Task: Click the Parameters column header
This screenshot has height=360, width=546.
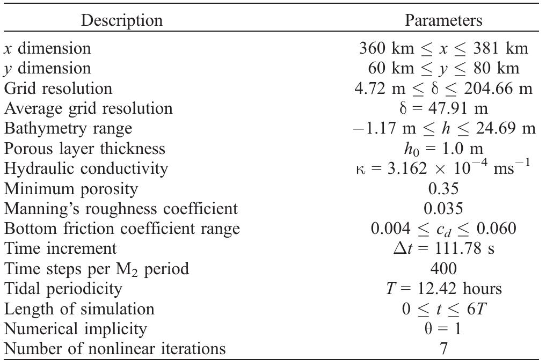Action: [443, 20]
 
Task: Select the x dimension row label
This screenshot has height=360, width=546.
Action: [47, 48]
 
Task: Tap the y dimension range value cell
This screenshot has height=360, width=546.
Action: [443, 68]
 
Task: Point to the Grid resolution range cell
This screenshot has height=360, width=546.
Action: [443, 88]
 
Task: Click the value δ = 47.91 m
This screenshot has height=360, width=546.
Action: [443, 108]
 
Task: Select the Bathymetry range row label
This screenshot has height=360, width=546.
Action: [68, 128]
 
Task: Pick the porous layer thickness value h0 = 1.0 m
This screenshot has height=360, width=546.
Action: [443, 149]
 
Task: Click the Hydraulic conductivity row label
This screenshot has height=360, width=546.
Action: [86, 168]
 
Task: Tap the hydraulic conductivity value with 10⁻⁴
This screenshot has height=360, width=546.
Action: [443, 168]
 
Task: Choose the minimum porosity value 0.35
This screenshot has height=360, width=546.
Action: [443, 189]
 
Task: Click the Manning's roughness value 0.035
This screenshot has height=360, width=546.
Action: [443, 209]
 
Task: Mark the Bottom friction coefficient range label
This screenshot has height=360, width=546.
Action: [121, 229]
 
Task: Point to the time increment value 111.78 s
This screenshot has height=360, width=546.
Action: [443, 248]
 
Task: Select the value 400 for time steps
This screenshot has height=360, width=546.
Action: [443, 269]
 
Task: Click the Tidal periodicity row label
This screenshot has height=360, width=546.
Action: [63, 289]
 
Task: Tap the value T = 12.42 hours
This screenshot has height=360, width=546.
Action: [443, 289]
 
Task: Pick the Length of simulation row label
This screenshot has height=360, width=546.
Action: [79, 309]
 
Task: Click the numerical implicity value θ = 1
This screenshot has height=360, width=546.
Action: [443, 329]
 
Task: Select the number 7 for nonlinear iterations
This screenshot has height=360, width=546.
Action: [443, 349]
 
